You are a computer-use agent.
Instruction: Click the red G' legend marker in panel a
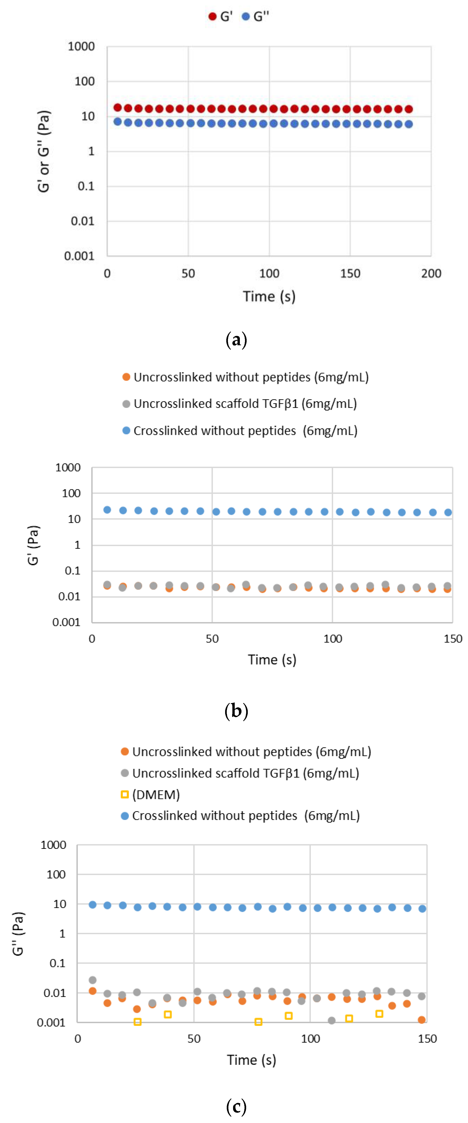coord(212,17)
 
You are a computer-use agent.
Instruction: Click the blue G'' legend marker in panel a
coord(246,17)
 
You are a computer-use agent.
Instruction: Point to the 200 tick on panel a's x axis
coord(431,273)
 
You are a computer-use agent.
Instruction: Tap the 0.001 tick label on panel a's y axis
coord(79,256)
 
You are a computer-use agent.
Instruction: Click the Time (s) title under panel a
coord(269,296)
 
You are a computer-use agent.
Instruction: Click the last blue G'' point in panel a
coord(409,124)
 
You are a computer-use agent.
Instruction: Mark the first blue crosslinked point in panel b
coord(107,510)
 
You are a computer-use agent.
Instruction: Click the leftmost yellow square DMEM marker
coord(137,1021)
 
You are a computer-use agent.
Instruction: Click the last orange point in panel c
coord(421,1020)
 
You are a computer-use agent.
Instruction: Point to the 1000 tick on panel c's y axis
coord(53,845)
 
